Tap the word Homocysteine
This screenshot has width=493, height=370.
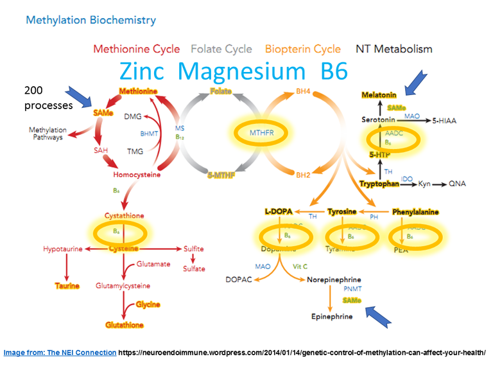(x=136, y=175)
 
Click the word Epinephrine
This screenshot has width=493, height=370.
(x=333, y=317)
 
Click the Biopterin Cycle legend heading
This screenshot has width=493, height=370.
(x=303, y=49)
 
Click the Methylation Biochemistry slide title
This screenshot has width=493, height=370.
(x=91, y=21)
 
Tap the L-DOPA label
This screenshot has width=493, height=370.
(x=279, y=211)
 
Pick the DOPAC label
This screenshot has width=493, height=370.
(x=239, y=280)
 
